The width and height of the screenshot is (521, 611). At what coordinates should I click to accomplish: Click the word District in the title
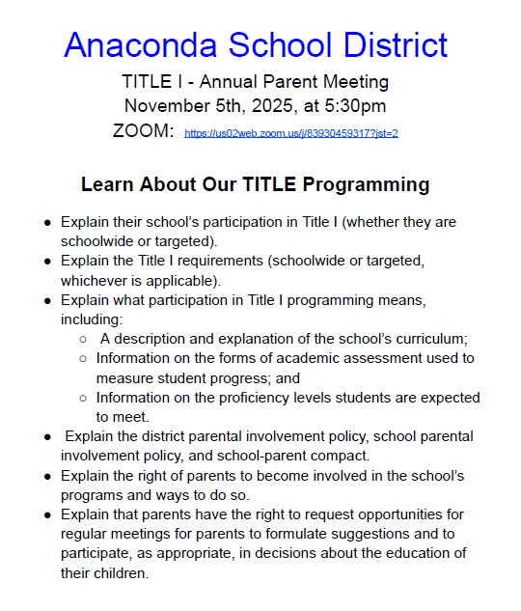pos(392,44)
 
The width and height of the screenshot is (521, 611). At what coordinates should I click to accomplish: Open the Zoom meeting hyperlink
pos(291,133)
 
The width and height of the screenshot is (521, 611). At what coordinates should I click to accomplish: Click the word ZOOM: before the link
pos(143,131)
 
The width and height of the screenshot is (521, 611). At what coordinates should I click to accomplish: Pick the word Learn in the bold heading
pos(107,184)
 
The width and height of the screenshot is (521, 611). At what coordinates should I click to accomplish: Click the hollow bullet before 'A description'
pos(84,339)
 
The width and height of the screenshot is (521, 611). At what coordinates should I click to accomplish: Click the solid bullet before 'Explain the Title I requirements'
pos(47,261)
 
